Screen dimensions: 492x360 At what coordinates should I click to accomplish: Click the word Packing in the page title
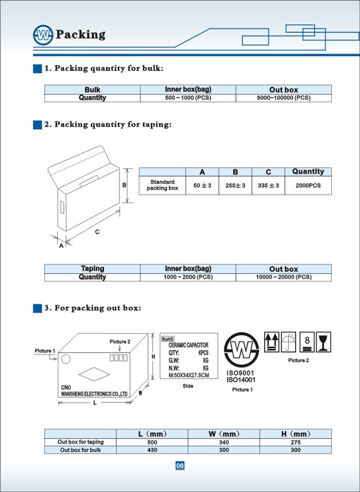[x=81, y=34]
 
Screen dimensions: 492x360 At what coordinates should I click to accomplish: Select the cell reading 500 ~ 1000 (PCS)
[x=188, y=98]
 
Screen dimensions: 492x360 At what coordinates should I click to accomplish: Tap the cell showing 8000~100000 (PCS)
[x=283, y=98]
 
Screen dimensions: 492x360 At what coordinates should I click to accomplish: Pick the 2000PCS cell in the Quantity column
[x=308, y=185]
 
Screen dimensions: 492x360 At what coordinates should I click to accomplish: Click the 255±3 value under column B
[x=235, y=185]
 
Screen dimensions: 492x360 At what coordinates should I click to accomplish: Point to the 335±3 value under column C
[x=268, y=185]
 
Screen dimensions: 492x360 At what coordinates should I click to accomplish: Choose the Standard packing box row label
[x=162, y=185]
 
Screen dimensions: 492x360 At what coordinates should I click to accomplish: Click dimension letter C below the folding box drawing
[x=97, y=232]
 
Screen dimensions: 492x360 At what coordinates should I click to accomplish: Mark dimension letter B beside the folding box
[x=124, y=185]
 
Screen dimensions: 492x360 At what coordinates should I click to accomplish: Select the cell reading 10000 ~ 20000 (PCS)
[x=283, y=277]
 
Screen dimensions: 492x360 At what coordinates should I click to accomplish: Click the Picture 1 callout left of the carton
[x=45, y=351]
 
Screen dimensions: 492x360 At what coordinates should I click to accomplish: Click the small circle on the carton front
[x=66, y=357]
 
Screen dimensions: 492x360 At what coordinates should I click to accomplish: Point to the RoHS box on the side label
[x=168, y=339]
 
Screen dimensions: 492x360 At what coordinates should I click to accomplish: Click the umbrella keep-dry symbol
[x=289, y=341]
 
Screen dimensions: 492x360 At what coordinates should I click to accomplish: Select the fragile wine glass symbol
[x=324, y=341]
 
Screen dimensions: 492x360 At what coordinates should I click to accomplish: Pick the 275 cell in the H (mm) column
[x=295, y=442]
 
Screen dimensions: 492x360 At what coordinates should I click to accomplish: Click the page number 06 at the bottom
[x=179, y=466]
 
